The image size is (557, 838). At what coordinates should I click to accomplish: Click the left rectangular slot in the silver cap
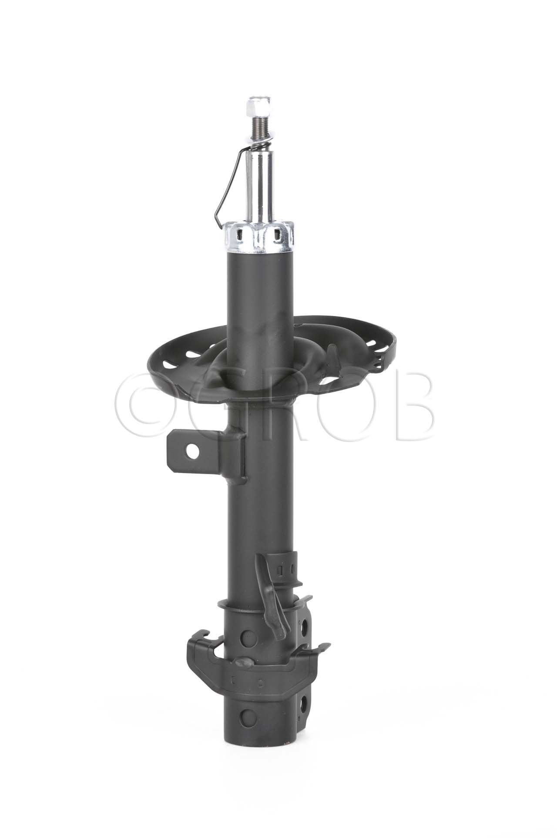click(238, 235)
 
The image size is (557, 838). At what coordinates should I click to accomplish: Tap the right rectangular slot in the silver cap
click(277, 235)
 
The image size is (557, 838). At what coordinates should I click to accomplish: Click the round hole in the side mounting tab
click(191, 451)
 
